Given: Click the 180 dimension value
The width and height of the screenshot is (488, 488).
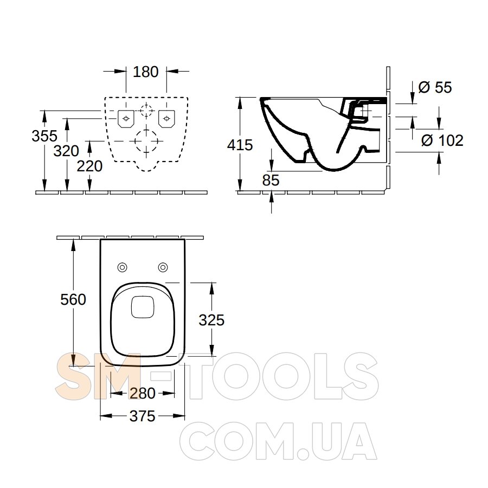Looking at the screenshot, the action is pyautogui.click(x=146, y=72).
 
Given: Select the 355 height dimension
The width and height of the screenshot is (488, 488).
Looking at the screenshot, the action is pyautogui.click(x=44, y=136).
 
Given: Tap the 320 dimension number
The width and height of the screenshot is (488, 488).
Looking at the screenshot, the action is pyautogui.click(x=66, y=151).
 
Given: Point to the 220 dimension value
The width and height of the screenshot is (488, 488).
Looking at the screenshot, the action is pyautogui.click(x=89, y=166).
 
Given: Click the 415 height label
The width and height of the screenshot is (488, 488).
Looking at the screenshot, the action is pyautogui.click(x=240, y=145).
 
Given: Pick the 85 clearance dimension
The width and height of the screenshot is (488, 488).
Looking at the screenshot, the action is pyautogui.click(x=271, y=180).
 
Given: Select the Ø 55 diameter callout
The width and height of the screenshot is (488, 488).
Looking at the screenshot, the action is pyautogui.click(x=435, y=87).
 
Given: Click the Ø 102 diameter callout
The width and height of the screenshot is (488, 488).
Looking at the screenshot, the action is pyautogui.click(x=442, y=140).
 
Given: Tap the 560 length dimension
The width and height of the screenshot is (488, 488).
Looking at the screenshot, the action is pyautogui.click(x=73, y=300).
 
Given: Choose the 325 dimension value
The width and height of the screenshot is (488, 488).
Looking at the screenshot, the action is pyautogui.click(x=211, y=320).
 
